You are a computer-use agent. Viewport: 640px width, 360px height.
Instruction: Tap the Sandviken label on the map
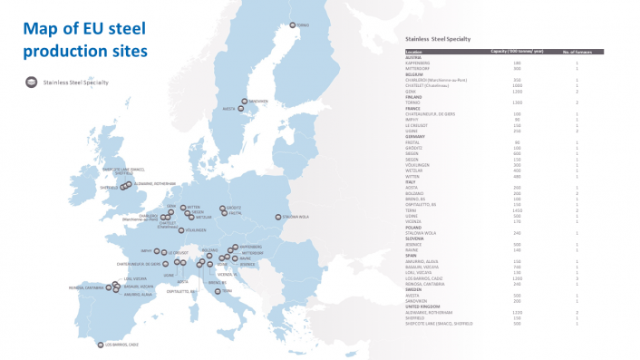(x=258, y=101)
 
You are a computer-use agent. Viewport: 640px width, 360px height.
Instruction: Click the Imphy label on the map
(x=150, y=251)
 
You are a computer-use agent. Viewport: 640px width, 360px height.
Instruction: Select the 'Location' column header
(x=412, y=53)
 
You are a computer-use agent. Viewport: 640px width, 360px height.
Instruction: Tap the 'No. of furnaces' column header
(x=577, y=53)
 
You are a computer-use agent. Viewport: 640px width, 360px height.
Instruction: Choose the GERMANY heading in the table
(x=416, y=136)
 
